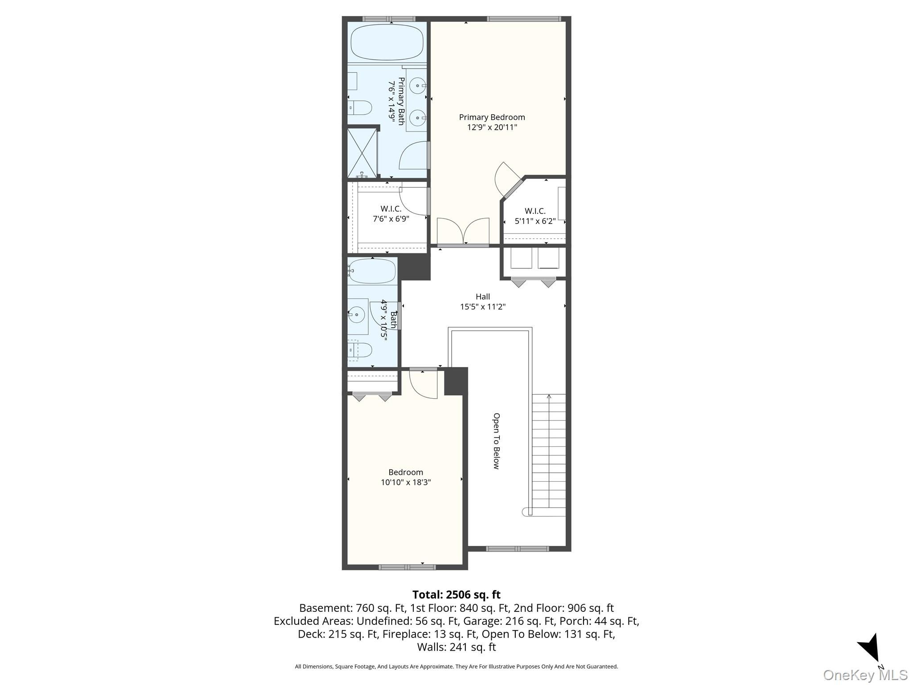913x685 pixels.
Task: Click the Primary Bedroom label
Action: point(492,117)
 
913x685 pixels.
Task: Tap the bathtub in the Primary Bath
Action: point(387,42)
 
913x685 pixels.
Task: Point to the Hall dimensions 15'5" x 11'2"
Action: point(483,307)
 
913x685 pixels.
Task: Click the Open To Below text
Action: point(496,441)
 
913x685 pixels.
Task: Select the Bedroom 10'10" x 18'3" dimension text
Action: point(406,482)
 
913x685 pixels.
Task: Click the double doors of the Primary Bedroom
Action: point(463,231)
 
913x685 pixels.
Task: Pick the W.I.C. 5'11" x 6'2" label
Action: point(535,216)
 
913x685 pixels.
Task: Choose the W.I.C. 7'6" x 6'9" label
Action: point(391,214)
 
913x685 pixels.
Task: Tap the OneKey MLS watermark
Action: point(865,675)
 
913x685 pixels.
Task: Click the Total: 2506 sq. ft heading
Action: point(456,594)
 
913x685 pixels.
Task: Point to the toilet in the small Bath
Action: point(360,349)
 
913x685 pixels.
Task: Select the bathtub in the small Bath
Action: point(372,271)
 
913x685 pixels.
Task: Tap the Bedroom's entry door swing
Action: point(423,383)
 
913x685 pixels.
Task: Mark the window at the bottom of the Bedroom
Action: point(407,567)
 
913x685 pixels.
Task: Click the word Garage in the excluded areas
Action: point(479,621)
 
